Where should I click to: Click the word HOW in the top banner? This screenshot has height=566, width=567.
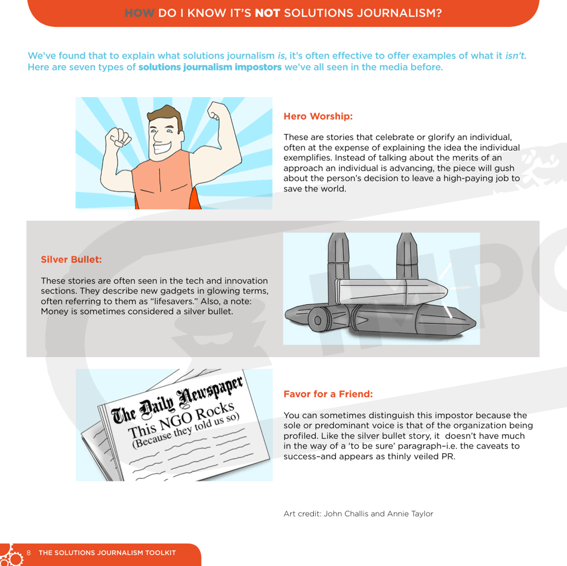[x=140, y=11]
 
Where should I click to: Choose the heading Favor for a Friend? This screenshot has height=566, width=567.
[x=328, y=394]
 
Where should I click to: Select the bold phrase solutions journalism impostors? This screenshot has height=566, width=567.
[x=210, y=67]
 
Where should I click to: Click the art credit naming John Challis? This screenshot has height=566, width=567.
[x=358, y=514]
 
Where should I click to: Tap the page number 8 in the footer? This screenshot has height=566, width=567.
[x=28, y=552]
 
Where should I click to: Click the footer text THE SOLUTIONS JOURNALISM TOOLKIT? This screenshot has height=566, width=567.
[x=107, y=552]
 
